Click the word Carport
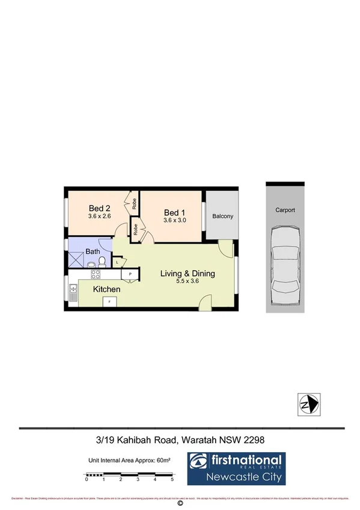285,210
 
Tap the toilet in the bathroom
103,261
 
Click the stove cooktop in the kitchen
95,274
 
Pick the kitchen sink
73,293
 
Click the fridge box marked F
109,301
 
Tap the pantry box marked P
130,274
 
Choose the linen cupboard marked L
117,261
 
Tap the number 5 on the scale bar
172,479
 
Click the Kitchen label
106,289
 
